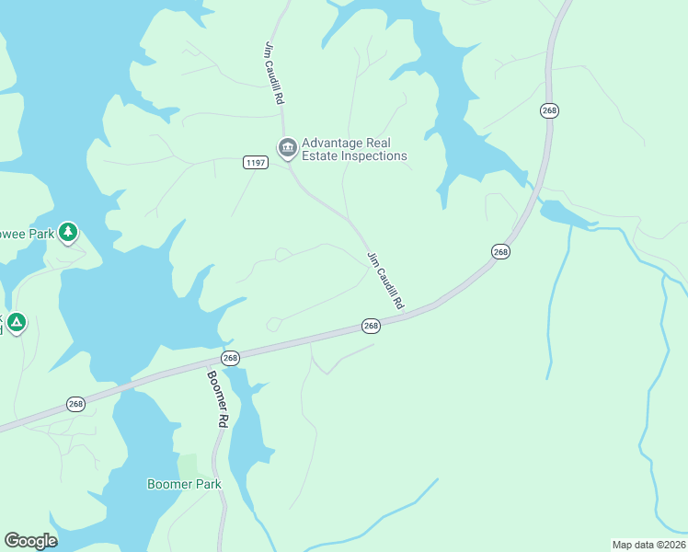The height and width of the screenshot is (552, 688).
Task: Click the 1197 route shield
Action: (256, 163)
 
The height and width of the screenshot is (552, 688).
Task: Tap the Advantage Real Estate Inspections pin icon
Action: (287, 147)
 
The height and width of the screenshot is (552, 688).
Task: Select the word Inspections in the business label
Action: (373, 156)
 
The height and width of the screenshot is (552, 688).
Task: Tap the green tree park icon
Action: (67, 233)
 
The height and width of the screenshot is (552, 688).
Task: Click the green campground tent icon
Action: (16, 323)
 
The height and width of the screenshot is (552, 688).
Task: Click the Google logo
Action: (30, 541)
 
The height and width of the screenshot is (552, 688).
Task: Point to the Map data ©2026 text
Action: (648, 544)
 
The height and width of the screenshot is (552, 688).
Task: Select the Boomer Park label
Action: (184, 484)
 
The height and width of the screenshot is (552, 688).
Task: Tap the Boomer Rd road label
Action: (216, 398)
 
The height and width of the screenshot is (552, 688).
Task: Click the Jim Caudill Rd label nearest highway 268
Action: (385, 280)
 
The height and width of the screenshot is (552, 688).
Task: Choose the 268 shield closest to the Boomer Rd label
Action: (230, 358)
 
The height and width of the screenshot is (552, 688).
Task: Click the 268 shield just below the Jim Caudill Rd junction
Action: (370, 326)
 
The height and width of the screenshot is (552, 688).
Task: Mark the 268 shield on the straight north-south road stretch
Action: (549, 110)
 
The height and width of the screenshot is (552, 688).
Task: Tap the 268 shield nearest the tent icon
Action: (75, 404)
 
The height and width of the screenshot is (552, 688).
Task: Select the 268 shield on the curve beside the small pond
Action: (500, 252)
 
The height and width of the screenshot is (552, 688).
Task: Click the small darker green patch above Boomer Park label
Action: (188, 466)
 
